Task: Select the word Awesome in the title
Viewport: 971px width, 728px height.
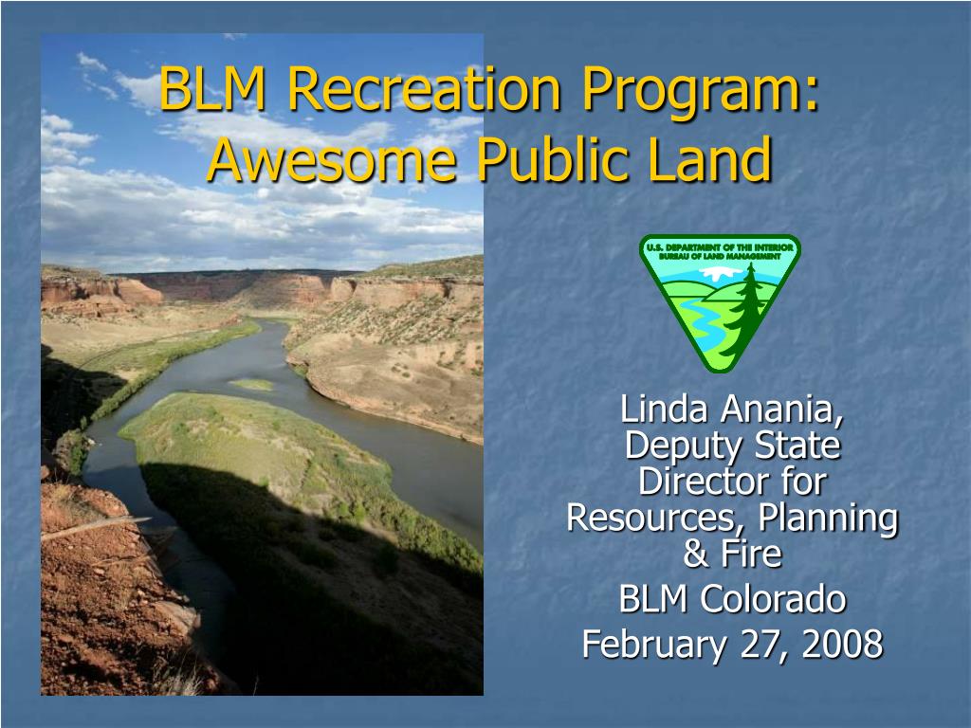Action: [331, 158]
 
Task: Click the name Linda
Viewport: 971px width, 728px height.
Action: [663, 409]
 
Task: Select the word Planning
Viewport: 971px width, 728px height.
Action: [828, 519]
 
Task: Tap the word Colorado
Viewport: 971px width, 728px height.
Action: [773, 599]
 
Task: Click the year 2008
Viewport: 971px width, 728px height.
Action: [842, 644]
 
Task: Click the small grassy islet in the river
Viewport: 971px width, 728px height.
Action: [251, 385]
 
